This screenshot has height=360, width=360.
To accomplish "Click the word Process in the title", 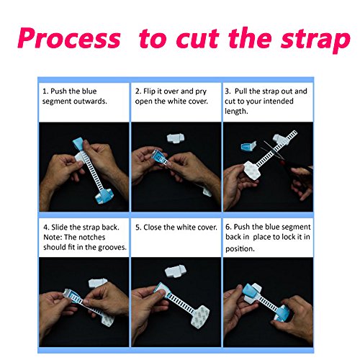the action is (69, 38).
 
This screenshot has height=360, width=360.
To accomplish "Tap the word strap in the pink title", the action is (316, 40).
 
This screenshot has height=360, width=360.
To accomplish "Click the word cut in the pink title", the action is (197, 39).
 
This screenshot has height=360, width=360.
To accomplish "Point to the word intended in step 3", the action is (279, 101).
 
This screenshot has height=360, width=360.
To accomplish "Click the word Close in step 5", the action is (153, 227).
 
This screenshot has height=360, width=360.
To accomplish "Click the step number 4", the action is (46, 228).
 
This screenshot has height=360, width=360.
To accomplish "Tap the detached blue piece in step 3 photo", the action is (248, 146).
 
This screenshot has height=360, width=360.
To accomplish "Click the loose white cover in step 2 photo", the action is (176, 138).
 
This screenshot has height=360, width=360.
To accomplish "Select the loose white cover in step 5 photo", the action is (174, 271).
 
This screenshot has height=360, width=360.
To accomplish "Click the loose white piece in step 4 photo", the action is (97, 283).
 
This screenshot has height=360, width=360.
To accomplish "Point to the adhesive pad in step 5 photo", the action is (201, 315).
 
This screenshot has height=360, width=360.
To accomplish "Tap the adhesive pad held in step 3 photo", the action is (251, 170).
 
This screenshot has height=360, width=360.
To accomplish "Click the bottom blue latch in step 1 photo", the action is (104, 196).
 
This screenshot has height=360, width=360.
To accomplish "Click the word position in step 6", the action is (240, 249).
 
